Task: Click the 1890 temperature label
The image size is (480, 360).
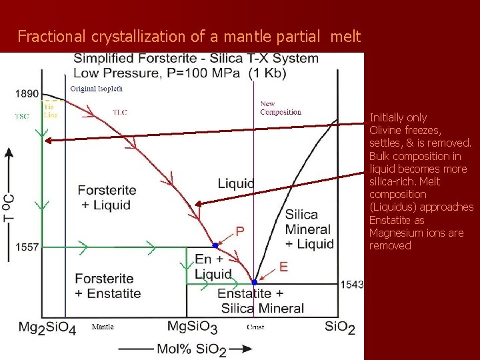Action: tap(27, 94)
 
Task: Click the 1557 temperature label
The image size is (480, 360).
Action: tap(27, 247)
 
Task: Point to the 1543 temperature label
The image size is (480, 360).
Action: tap(351, 285)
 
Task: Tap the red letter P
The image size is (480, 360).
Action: tap(240, 231)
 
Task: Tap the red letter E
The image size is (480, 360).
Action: tap(283, 267)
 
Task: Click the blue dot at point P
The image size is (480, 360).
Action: tap(215, 245)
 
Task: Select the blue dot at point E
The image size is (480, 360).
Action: tap(255, 283)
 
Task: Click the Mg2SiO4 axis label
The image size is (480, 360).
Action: tap(46, 327)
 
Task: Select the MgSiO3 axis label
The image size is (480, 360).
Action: tap(192, 327)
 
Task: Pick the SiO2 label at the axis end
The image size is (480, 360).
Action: tap(340, 327)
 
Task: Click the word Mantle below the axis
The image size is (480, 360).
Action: tap(102, 327)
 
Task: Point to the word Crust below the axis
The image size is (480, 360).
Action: tap(255, 327)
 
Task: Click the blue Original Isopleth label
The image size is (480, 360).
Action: tap(97, 88)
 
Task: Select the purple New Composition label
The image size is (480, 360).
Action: tap(281, 108)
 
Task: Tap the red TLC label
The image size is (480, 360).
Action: tap(120, 112)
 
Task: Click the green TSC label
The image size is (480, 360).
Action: tap(22, 115)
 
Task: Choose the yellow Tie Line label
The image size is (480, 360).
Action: tap(50, 111)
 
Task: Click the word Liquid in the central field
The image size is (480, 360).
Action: tap(236, 183)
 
